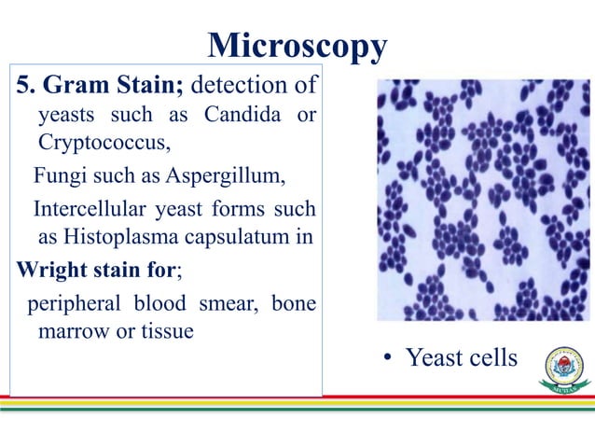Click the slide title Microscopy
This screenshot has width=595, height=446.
[297, 45]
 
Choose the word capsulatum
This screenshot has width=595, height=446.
[233, 236]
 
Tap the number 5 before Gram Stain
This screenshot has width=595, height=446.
[24, 88]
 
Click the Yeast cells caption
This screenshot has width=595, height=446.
[461, 357]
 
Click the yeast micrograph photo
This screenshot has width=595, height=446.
[483, 200]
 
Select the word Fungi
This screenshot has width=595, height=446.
[57, 174]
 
